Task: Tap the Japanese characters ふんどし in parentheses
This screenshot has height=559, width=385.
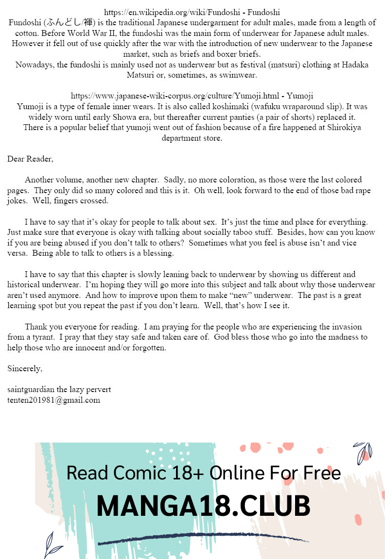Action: coord(60,23)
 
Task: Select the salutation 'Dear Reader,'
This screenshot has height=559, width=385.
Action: coord(30,159)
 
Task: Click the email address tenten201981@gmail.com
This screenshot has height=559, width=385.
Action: coord(53,400)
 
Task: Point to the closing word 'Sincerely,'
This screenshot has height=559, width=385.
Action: coord(25,368)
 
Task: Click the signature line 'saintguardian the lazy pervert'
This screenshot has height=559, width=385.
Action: coord(59,389)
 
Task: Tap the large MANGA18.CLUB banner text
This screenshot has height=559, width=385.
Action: coord(203,506)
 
